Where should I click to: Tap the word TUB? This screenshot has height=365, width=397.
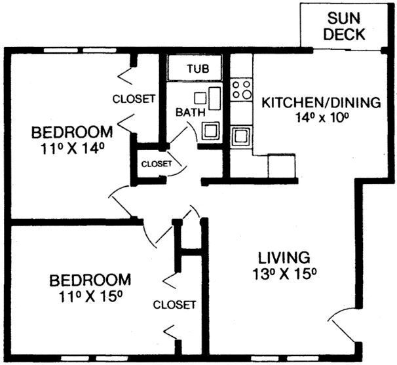(198, 68)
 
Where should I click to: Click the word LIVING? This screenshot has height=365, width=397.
(283, 256)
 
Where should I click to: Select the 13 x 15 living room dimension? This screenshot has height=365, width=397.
(283, 273)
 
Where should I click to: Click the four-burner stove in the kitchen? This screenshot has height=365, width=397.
(242, 89)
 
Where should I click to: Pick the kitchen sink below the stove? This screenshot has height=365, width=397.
(242, 137)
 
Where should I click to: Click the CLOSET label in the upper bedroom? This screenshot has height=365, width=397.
(134, 100)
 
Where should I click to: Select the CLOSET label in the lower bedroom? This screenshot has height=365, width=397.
(174, 305)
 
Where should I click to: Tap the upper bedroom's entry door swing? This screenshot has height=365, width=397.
(121, 201)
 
